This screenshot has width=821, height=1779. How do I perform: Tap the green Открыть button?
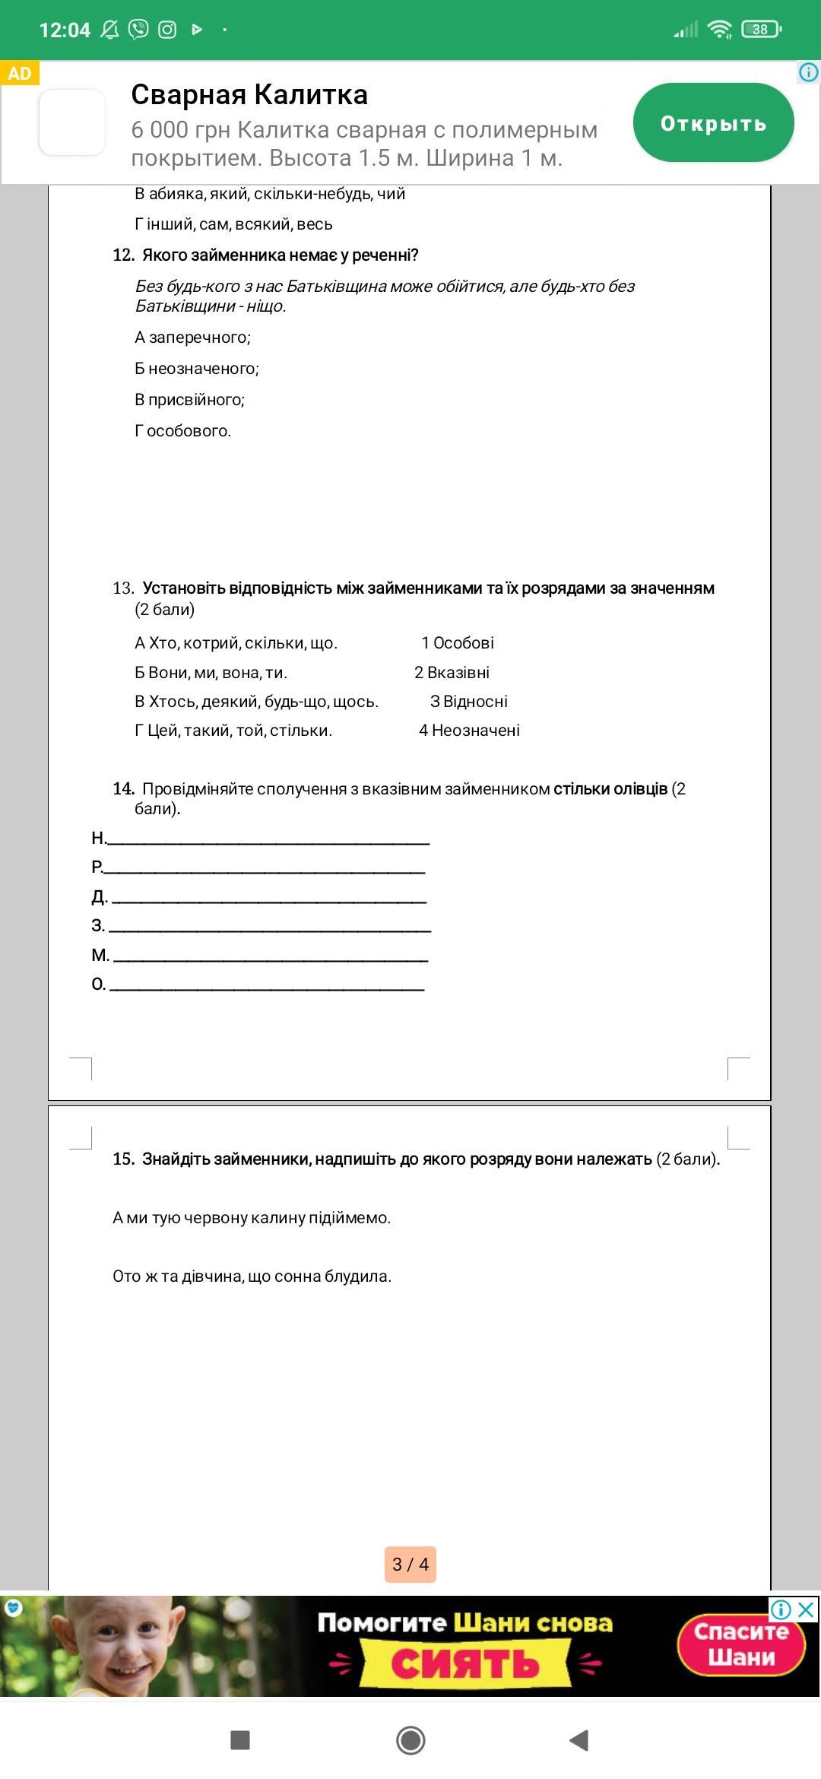(713, 123)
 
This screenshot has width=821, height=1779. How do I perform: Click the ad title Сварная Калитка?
(249, 95)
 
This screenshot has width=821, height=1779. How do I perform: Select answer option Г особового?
(182, 431)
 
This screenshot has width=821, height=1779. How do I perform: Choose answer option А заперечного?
(192, 338)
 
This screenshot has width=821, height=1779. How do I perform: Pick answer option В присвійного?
(189, 400)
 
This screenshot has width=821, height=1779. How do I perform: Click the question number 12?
(123, 255)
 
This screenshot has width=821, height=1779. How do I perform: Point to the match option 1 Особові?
(458, 643)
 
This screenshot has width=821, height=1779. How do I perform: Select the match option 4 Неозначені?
(469, 731)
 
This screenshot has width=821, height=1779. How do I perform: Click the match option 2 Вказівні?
(452, 673)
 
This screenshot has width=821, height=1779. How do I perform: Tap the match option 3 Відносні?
(468, 702)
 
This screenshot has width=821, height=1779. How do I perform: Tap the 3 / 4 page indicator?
(410, 1565)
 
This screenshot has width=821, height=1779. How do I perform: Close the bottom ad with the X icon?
(807, 1609)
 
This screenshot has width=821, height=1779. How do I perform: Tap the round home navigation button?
(410, 1739)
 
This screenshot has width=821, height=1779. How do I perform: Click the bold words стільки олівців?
(610, 789)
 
